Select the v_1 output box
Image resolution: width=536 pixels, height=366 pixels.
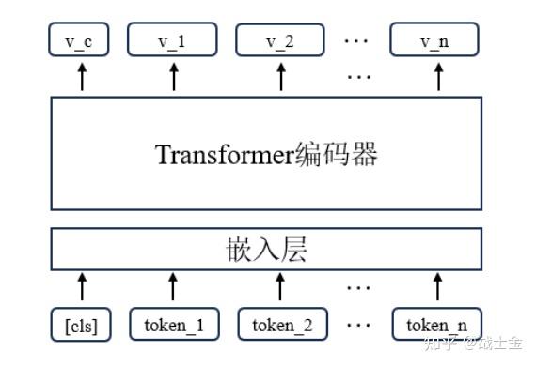(173, 41)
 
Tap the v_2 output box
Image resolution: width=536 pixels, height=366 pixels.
(279, 41)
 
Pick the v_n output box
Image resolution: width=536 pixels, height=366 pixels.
(435, 41)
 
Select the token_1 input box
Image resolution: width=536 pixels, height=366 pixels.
(173, 326)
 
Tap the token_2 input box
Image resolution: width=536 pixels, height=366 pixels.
(280, 326)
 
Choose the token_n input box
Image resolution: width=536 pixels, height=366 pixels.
(437, 326)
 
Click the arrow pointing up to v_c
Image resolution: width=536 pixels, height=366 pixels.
(81, 78)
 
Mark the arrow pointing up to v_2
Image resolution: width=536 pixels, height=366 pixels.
(279, 78)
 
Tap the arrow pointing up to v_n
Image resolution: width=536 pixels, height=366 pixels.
(436, 78)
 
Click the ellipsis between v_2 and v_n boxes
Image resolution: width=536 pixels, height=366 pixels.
(358, 41)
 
